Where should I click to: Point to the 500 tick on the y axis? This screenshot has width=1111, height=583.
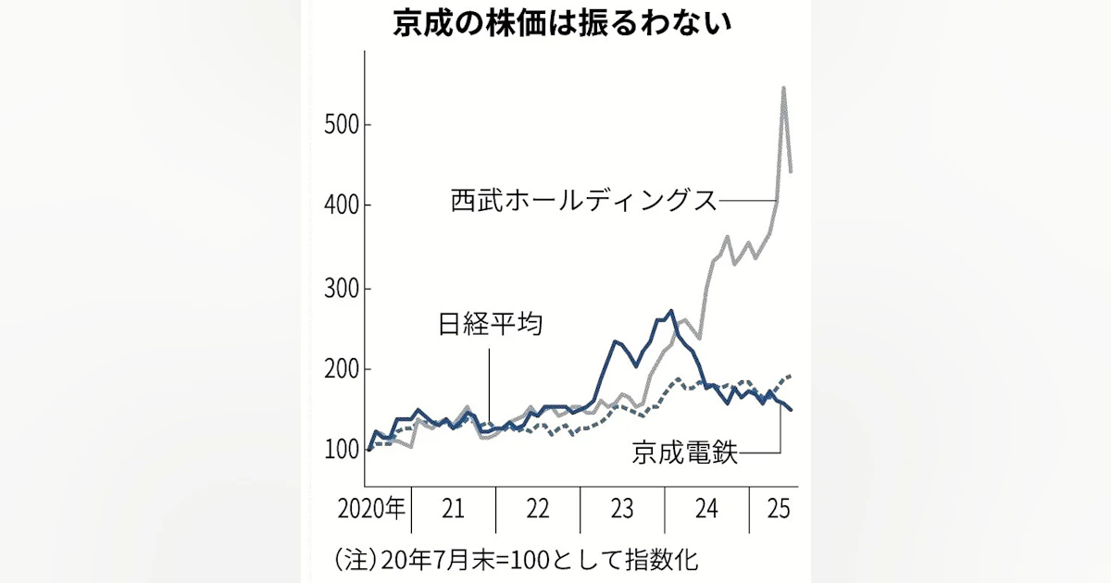pos(343,125)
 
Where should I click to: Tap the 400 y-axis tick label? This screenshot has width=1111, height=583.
pos(343,205)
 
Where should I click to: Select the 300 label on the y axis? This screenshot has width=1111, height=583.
pos(343,289)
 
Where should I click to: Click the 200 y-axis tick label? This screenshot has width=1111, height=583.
pos(343,370)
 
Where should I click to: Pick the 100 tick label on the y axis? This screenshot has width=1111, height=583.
pos(343,451)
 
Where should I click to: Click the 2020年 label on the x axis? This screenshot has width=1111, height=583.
pos(371,508)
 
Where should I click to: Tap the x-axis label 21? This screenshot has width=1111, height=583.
pos(453,508)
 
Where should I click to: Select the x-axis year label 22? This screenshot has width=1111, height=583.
pos(538,508)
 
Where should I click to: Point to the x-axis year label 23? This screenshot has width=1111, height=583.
pos(622,508)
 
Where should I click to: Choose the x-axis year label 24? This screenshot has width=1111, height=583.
pos(706,508)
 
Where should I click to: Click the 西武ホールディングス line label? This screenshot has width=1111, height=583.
pos(584,200)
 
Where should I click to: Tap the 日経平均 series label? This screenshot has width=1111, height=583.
pos(490,325)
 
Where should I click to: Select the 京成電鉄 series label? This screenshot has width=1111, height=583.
pos(686,453)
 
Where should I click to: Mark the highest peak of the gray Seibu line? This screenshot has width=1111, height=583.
pos(784,88)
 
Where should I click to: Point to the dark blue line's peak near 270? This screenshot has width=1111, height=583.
pos(671,311)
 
